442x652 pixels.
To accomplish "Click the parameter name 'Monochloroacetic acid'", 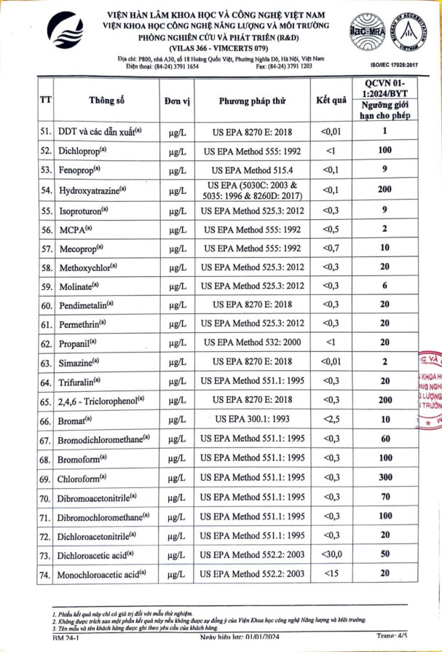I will [97, 575].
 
